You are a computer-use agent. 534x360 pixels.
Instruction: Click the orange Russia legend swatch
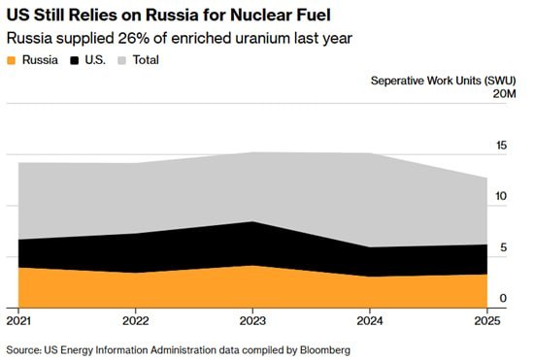pyautogui.click(x=12, y=60)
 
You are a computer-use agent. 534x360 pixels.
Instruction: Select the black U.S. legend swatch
pyautogui.click(x=74, y=60)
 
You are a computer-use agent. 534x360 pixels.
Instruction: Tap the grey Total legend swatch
pyautogui.click(x=121, y=60)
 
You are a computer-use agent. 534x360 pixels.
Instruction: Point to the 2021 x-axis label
pyautogui.click(x=18, y=321)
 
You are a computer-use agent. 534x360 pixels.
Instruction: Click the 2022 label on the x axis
pyautogui.click(x=136, y=321)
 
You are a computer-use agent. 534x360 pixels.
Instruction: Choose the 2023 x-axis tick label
pyautogui.click(x=252, y=321)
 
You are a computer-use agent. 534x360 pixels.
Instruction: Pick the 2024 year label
pyautogui.click(x=370, y=321)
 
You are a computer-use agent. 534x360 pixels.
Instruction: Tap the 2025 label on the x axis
pyautogui.click(x=487, y=321)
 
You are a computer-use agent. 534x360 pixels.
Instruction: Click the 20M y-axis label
pyautogui.click(x=504, y=93)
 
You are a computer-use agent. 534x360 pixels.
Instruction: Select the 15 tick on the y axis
pyautogui.click(x=502, y=146)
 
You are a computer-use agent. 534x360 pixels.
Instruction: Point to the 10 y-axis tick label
pyautogui.click(x=502, y=196)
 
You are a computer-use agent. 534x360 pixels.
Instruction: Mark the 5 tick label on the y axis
pyautogui.click(x=504, y=247)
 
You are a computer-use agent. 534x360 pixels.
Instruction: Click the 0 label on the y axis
pyautogui.click(x=503, y=299)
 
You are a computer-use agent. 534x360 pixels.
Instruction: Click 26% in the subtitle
pyautogui.click(x=134, y=38)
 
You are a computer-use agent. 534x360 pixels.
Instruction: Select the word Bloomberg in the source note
pyautogui.click(x=325, y=350)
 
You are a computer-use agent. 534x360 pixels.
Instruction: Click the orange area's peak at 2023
pyautogui.click(x=252, y=266)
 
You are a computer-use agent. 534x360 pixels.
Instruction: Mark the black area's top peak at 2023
pyautogui.click(x=252, y=221)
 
